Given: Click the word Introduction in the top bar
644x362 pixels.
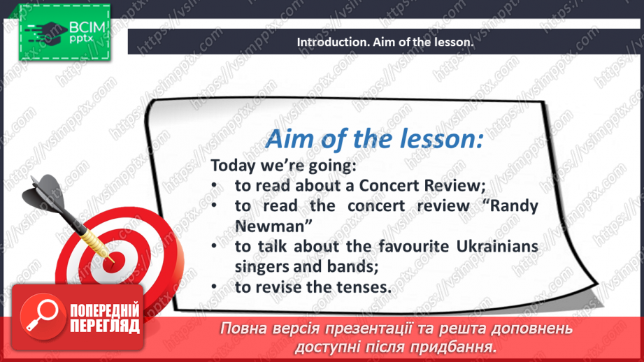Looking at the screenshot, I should click(x=329, y=42).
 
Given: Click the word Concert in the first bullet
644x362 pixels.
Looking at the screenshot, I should click(x=389, y=186).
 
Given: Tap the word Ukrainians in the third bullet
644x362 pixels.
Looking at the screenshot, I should click(x=500, y=247).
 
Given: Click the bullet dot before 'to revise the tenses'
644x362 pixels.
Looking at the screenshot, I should click(x=217, y=287).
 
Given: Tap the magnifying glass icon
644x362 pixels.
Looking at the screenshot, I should click(x=39, y=314).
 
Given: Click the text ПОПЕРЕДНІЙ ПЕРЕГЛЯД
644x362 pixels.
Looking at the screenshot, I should click(x=103, y=319).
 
